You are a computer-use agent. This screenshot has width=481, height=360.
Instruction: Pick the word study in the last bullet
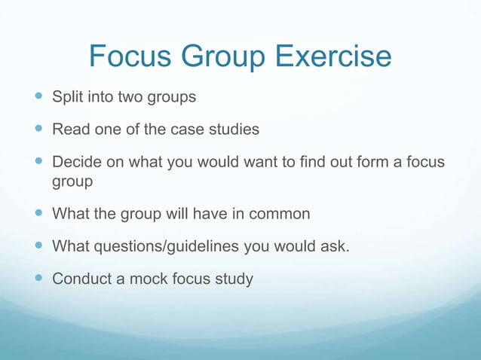(233, 279)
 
